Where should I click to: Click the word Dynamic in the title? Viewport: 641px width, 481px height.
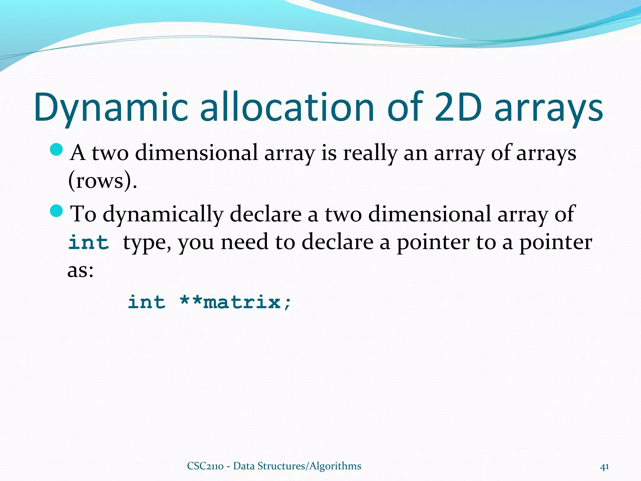tap(111, 108)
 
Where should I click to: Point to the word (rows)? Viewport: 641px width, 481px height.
tap(102, 181)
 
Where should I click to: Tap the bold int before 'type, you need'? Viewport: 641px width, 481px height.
tap(89, 242)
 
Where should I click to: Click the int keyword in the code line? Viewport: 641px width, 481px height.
tap(146, 302)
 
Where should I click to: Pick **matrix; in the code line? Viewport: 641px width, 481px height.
tap(235, 302)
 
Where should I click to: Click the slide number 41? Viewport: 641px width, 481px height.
tap(604, 467)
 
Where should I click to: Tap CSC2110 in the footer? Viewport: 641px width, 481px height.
tap(205, 466)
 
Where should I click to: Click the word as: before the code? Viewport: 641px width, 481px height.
tap(80, 271)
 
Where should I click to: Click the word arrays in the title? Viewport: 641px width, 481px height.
tap(549, 108)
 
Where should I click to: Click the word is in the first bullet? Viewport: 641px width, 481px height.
tap(329, 153)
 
